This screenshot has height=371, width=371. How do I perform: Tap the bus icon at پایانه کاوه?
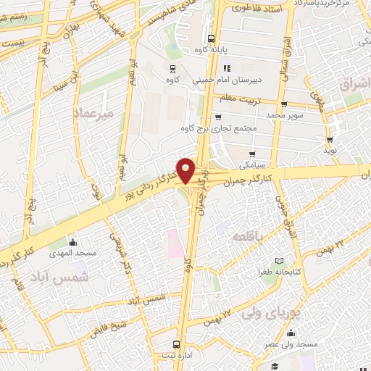coord(211,38)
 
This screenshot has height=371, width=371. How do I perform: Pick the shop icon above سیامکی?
coord(252,154)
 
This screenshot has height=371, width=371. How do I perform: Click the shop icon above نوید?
coord(330,140)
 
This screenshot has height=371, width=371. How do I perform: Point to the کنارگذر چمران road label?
coord(250,177)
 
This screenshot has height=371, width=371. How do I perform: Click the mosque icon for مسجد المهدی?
coord(72,243)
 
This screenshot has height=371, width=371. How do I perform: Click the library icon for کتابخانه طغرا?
coord(279,261)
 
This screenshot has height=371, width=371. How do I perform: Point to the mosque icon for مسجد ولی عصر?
coord(291,333)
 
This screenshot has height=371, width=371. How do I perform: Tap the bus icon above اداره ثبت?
coord(176,345)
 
